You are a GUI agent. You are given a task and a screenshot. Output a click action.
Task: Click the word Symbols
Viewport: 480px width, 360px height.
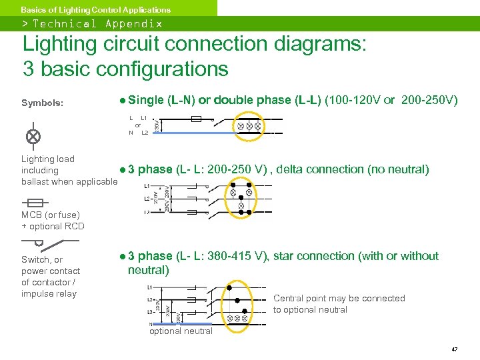click(x=43, y=103)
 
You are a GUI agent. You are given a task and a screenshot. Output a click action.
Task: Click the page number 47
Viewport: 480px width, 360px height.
click(x=454, y=349)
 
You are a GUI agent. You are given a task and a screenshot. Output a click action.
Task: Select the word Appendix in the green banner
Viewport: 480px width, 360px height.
click(x=133, y=23)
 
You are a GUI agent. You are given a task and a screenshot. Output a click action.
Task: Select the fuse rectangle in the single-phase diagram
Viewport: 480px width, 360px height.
click(x=196, y=119)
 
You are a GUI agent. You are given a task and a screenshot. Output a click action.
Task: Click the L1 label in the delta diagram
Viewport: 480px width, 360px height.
click(x=147, y=186)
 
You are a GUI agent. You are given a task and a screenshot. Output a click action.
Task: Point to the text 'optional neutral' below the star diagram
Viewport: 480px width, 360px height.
click(x=181, y=331)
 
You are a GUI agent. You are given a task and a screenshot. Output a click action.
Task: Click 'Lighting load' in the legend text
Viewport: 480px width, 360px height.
click(x=48, y=159)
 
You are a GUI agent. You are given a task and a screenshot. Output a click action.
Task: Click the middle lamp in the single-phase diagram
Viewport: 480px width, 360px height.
click(x=249, y=125)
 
